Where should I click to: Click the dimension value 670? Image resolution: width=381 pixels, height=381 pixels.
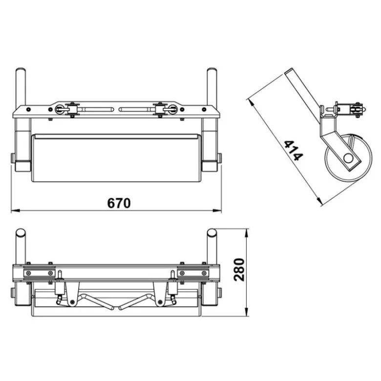tap(119, 203)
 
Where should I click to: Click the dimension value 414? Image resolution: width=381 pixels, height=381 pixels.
tap(294, 150)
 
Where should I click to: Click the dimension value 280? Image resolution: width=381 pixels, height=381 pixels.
tap(239, 270)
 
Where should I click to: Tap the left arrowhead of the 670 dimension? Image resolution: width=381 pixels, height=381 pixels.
tap(16, 210)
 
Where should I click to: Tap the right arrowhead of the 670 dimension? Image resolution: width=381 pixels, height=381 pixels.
tap(217, 210)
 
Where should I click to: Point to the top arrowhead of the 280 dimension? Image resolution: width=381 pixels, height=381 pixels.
tap(247, 233)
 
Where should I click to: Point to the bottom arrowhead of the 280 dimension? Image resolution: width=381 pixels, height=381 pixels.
tap(247, 312)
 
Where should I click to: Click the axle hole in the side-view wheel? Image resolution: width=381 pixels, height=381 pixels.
tap(348, 158)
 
